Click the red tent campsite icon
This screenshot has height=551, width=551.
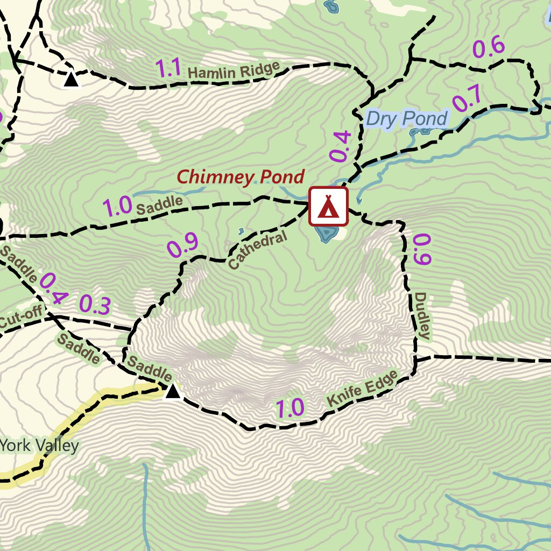coord(328,206)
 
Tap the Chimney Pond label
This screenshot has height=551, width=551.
coord(241,176)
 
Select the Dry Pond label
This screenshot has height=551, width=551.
coord(406,118)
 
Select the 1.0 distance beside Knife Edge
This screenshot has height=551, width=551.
coord(290,409)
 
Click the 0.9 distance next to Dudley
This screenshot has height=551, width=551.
coord(422,249)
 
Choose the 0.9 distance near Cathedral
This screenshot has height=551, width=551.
coord(182,245)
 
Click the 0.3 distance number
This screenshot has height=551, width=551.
coord(95,305)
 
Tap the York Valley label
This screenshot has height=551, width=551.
coord(39,446)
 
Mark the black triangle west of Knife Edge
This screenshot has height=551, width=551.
coord(172,391)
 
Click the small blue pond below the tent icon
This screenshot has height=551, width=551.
coord(326,234)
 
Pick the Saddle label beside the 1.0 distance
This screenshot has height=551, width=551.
coord(159,205)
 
